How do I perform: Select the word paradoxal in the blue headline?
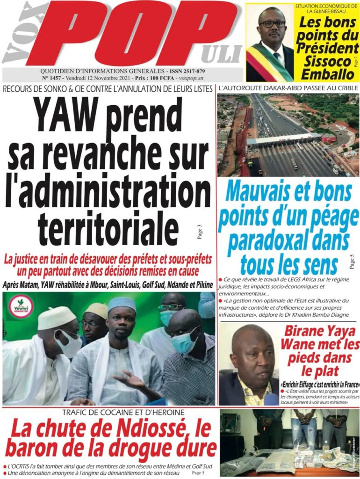(267, 241)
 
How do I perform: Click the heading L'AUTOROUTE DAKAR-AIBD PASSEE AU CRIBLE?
(288, 88)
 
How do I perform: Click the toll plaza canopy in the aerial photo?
(283, 139)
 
